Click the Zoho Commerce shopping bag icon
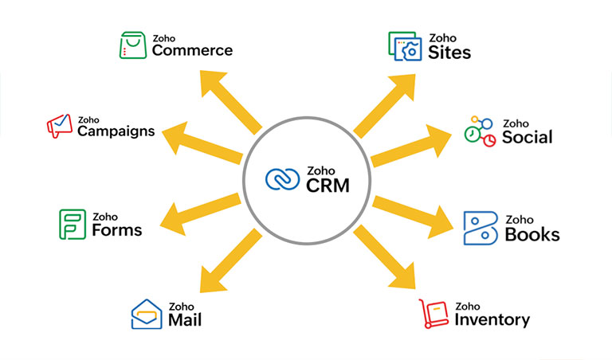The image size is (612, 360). tap(131, 45)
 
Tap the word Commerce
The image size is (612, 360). tap(192, 50)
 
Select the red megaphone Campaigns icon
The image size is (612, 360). tap(59, 125)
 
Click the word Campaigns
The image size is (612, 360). tap(116, 131)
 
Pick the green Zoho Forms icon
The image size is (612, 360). tap(72, 224)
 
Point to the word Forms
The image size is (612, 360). tap(116, 230)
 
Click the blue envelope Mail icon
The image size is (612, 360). tap(146, 314)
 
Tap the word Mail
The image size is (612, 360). tap(184, 320)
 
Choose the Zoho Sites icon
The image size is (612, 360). tap(404, 46)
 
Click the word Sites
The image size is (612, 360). tap(449, 53)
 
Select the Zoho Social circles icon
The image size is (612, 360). tap(480, 131)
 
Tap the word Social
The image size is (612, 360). tap(527, 137)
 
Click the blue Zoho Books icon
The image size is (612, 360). tap(481, 228)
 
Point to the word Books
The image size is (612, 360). tap(532, 234)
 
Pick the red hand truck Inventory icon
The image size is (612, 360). tap(434, 314)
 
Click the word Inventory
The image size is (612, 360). tap(492, 319)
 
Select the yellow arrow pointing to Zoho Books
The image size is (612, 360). tap(414, 211)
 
